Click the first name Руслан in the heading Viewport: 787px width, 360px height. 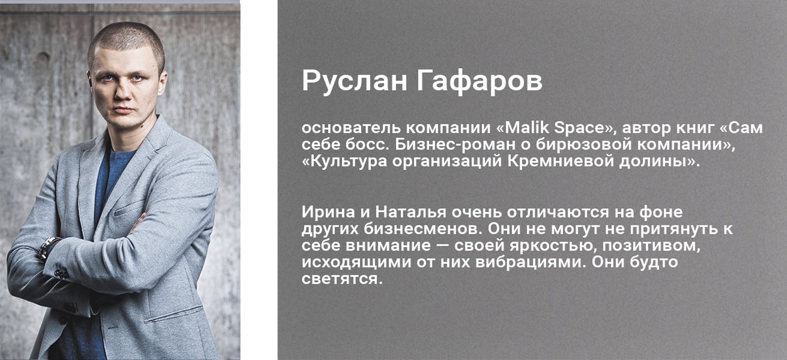tap(354, 81)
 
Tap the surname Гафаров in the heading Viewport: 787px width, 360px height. tap(480, 81)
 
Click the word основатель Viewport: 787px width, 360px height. tap(351, 128)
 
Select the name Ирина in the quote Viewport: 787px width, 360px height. tap(328, 212)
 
